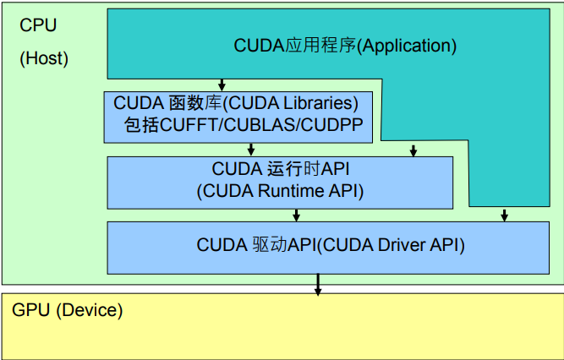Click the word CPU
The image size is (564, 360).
[x=38, y=25]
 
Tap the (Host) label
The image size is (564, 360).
[x=44, y=59]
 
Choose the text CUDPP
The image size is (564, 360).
[x=320, y=125]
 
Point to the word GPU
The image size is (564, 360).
[x=32, y=310]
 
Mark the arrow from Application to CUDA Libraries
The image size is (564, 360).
[x=222, y=85]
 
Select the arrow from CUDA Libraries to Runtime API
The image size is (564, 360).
[x=251, y=150]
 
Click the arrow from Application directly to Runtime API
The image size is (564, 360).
[x=413, y=150]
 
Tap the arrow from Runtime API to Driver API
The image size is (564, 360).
[x=296, y=214]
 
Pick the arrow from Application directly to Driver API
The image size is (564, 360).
[x=504, y=215]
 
